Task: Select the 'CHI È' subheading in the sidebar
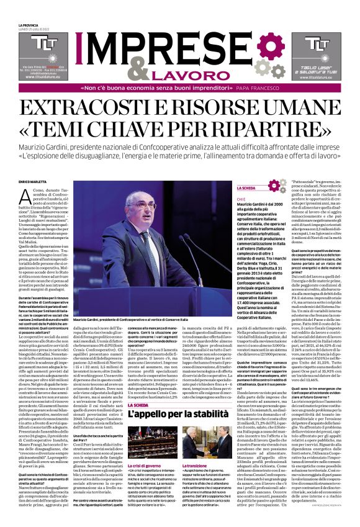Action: (241, 199)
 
